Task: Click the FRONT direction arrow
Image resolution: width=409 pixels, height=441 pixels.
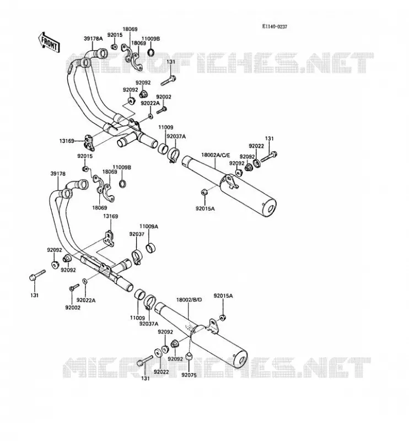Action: click(49, 42)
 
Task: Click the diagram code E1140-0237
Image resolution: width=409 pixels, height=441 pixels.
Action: click(275, 26)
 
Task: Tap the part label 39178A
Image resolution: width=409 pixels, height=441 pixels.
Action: click(93, 39)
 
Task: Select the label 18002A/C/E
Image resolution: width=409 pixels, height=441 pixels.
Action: click(216, 155)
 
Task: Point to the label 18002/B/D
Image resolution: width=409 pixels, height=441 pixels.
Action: click(189, 300)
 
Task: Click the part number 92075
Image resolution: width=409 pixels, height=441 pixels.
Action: click(189, 375)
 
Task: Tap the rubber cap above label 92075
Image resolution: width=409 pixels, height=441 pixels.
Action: click(189, 356)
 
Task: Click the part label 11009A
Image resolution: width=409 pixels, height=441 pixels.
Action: click(149, 227)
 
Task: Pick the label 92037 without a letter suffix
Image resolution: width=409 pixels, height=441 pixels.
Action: click(137, 234)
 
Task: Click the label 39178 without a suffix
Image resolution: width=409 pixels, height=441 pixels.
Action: click(58, 174)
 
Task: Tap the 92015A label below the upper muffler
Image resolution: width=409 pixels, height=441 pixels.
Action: click(205, 208)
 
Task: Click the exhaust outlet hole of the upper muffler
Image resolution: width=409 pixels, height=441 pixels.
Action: click(271, 209)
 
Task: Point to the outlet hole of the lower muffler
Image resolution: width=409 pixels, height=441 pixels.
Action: click(241, 361)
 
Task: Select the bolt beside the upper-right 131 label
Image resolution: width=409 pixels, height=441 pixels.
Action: click(269, 157)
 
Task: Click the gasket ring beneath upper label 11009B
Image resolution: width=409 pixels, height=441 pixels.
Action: click(151, 51)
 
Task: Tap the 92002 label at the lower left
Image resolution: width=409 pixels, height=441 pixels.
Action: click(73, 308)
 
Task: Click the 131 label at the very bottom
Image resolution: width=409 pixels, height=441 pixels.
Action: click(146, 378)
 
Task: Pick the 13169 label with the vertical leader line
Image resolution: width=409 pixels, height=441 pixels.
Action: click(111, 216)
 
